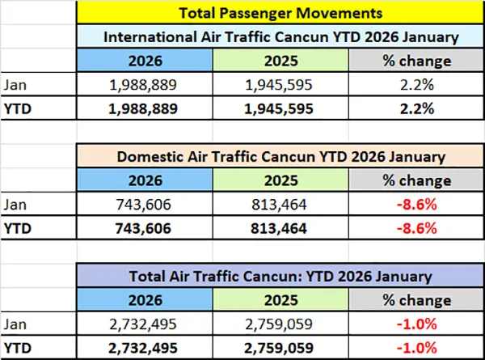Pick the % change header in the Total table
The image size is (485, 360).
point(419,299)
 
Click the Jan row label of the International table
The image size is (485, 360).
point(14,83)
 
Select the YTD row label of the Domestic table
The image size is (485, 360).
point(15,227)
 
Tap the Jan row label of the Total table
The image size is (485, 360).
point(14,323)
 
